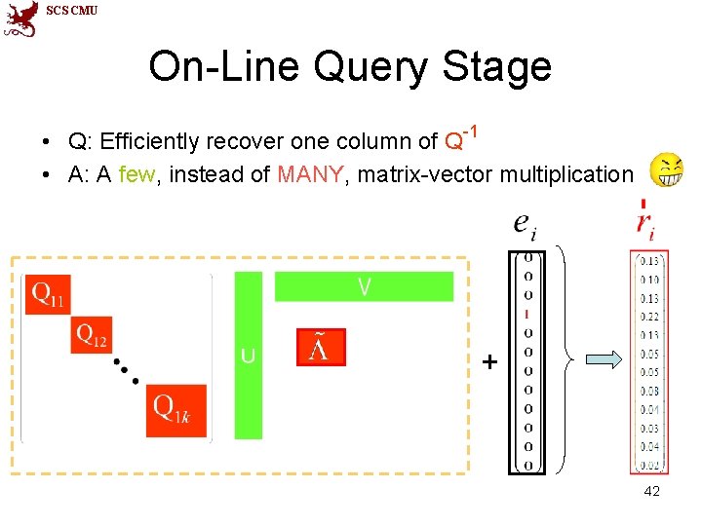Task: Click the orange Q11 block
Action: tap(48, 294)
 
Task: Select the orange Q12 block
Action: tap(92, 336)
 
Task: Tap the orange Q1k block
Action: tap(175, 405)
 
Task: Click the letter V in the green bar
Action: tap(364, 286)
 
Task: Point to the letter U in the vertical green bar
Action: tap(249, 356)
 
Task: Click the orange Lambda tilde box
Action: tap(321, 347)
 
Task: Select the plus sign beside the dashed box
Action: tap(489, 363)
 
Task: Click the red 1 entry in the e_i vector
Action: tap(527, 314)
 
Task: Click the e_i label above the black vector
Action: tap(525, 226)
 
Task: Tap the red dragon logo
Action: tap(20, 19)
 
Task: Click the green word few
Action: tap(135, 175)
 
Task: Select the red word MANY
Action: tap(310, 175)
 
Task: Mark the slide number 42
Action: tap(651, 491)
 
